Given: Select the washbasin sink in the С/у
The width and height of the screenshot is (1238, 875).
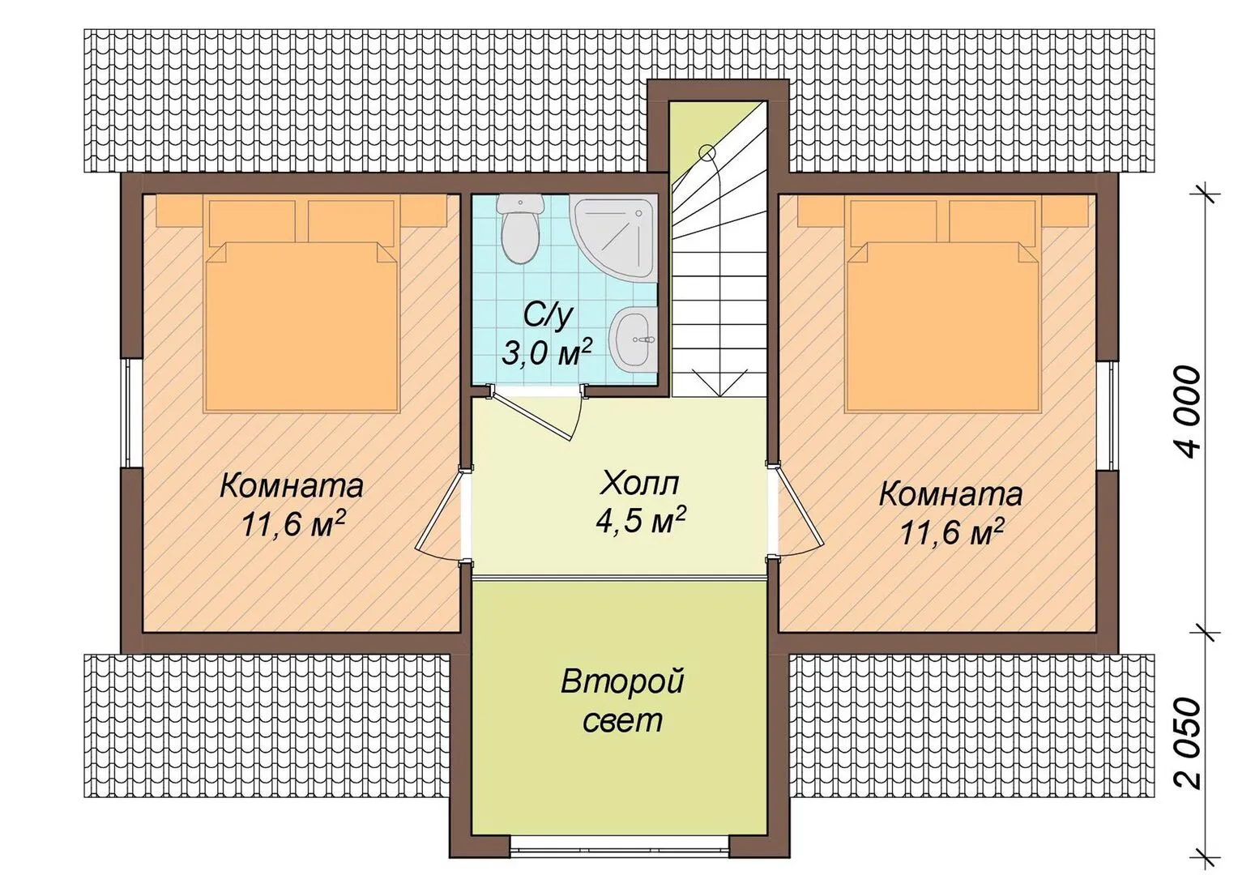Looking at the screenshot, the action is point(634,340).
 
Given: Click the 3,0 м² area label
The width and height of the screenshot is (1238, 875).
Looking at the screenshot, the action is point(547,352).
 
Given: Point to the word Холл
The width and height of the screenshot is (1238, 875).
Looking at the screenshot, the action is point(639,483).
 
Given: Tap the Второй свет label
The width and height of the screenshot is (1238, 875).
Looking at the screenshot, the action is point(623,700).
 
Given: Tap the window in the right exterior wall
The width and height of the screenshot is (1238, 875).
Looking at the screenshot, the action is point(1107,417).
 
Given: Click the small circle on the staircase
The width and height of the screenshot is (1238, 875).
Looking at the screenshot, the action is point(707,152).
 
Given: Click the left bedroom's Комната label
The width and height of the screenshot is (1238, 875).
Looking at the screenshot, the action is point(292,487).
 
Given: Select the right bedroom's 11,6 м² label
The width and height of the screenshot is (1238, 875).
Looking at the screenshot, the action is point(952,533).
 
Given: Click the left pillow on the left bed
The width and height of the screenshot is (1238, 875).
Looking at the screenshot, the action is point(252,222).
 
